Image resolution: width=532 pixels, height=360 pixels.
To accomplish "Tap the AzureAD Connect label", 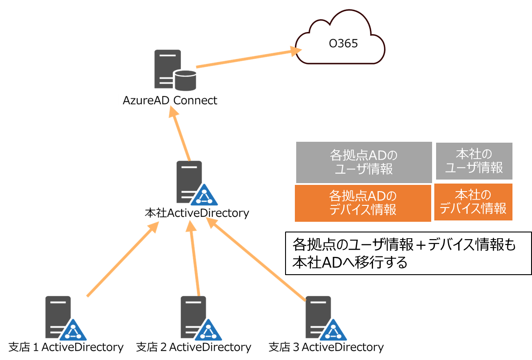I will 171,100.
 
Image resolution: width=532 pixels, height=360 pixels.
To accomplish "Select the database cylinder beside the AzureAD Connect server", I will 185,80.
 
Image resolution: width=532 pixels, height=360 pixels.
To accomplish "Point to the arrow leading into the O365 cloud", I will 246,59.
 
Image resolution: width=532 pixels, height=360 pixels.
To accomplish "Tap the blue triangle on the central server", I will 204,196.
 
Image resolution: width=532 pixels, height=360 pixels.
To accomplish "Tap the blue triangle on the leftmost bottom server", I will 73,331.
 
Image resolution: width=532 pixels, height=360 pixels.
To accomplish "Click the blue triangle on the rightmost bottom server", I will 333,331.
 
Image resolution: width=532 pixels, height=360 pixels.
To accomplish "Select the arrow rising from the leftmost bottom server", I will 122,260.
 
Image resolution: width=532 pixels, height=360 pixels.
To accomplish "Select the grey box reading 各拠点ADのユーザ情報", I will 364,162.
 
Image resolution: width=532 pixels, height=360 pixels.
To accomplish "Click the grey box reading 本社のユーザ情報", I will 474,161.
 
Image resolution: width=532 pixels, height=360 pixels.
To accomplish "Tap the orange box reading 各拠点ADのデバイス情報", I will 363,203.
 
